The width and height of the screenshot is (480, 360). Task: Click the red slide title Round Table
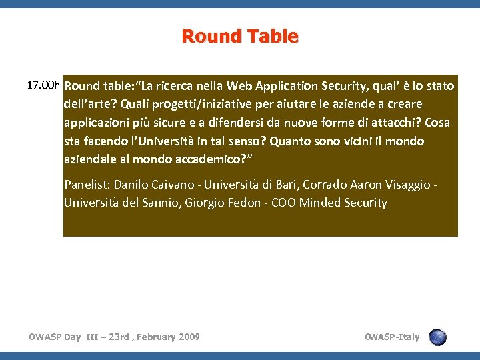click(x=240, y=36)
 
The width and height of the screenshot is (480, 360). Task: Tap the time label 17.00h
click(x=43, y=85)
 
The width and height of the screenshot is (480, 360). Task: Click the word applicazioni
click(x=96, y=123)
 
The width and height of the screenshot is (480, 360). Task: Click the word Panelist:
click(x=87, y=185)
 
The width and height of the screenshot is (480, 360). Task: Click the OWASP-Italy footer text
click(x=392, y=337)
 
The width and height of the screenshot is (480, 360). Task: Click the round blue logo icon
click(x=438, y=337)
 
